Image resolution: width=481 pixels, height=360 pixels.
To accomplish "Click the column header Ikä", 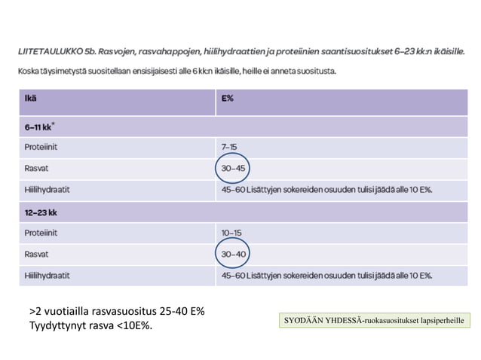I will coord(31,98).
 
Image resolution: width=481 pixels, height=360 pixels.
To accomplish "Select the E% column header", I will coord(227,98).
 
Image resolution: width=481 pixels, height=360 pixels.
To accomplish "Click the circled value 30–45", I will coord(234,168).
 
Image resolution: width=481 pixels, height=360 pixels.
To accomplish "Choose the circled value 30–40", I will coord(234,255).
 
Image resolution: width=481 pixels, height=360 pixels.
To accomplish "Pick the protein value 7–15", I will coord(228,146).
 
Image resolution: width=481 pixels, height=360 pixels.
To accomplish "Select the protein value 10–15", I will coord(231,233).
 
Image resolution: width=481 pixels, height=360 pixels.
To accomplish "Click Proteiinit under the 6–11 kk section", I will coord(41,146).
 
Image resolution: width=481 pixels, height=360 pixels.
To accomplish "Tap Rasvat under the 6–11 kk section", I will coord(36,168).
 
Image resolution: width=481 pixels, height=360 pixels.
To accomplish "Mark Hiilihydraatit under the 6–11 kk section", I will coord(47,189).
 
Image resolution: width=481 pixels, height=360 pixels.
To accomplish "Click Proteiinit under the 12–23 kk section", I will coord(41,233).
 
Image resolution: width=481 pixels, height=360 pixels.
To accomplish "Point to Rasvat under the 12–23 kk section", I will coord(36,255).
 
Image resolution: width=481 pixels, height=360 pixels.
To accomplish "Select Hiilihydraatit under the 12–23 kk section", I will coord(47,276).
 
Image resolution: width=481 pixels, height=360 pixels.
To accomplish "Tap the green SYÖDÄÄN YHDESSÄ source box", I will coord(373,322).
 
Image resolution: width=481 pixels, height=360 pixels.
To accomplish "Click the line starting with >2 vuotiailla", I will coord(117,311).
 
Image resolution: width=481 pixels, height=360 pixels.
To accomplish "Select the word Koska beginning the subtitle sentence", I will coord(29,72).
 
